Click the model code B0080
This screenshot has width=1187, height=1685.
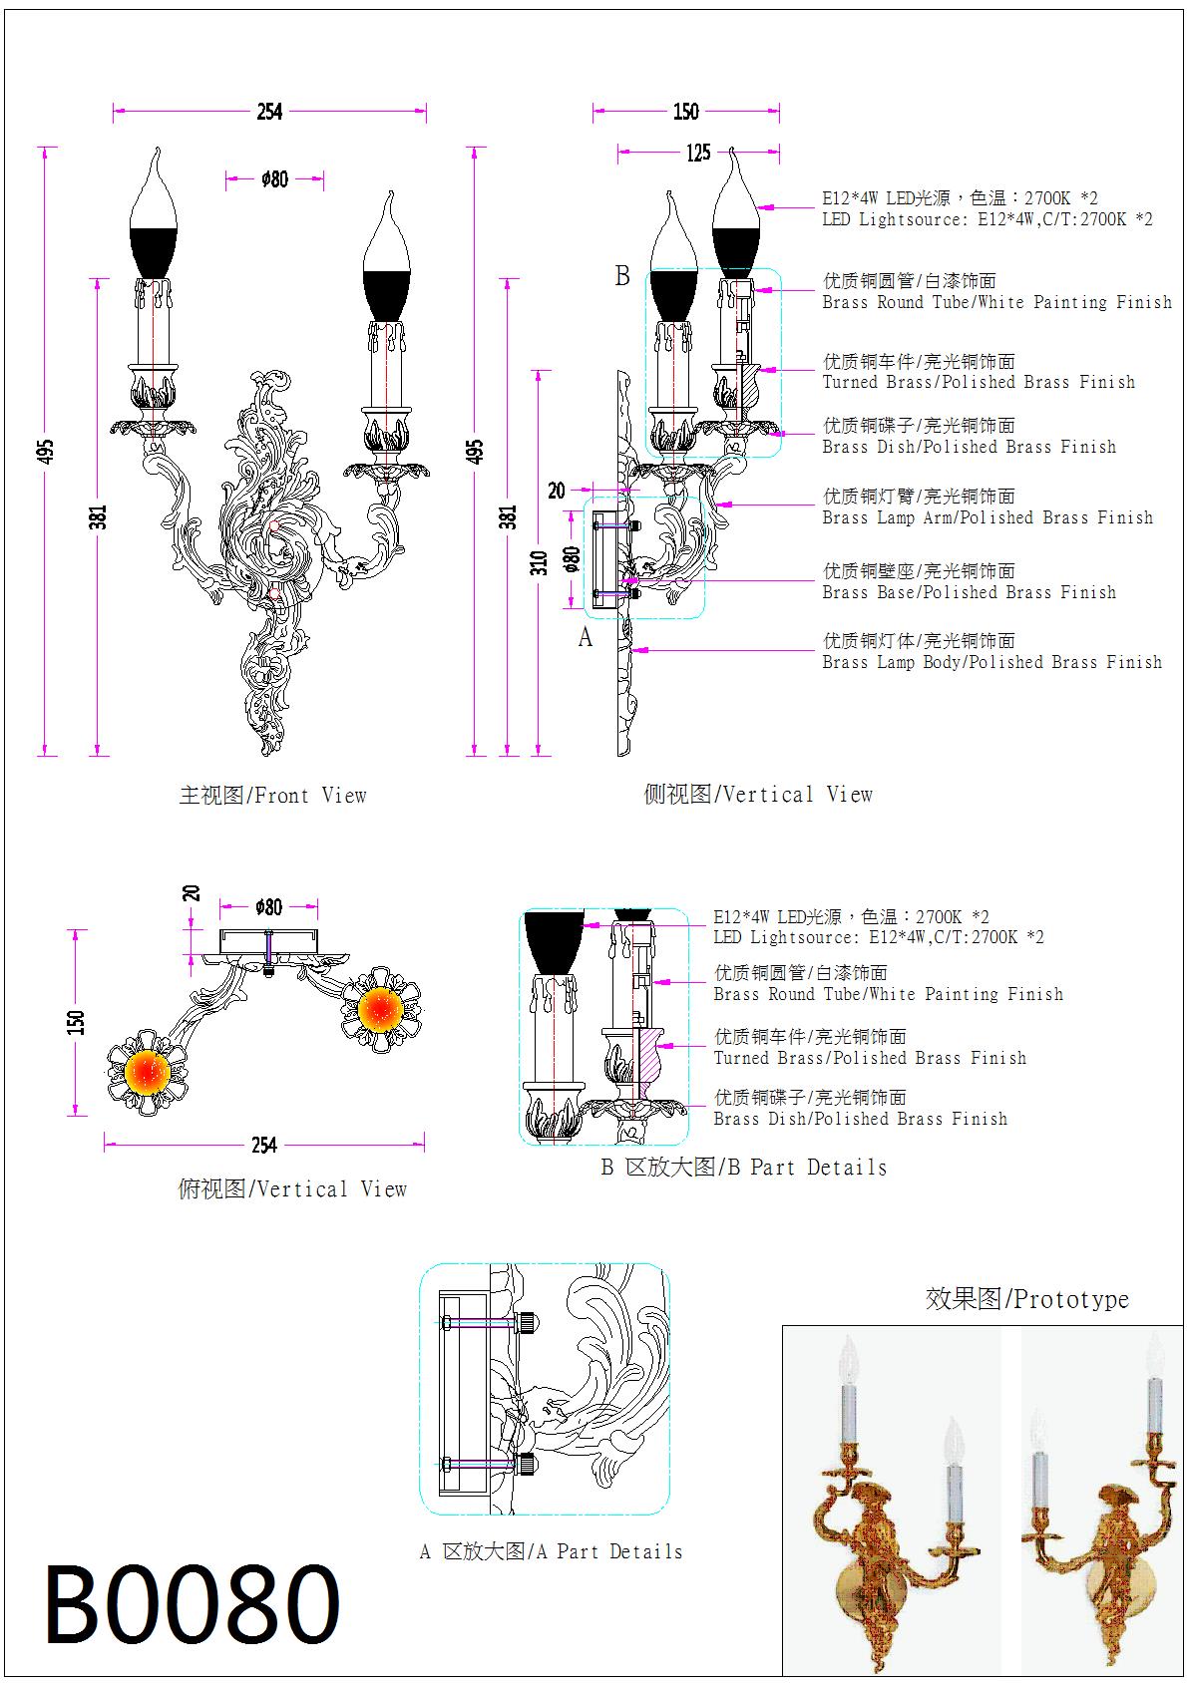pyautogui.click(x=192, y=1604)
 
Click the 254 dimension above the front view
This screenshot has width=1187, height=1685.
pyautogui.click(x=269, y=112)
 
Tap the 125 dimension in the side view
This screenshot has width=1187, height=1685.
pyautogui.click(x=698, y=153)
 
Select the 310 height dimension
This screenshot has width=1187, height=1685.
pyautogui.click(x=540, y=563)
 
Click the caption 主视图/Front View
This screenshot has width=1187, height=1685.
pyautogui.click(x=272, y=796)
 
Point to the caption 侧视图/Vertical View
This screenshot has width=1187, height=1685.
pyautogui.click(x=758, y=795)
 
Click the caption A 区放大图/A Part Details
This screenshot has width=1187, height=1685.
pyautogui.click(x=551, y=1551)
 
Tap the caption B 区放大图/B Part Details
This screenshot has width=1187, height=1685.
pyautogui.click(x=743, y=1168)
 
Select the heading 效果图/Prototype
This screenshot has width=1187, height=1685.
pyautogui.click(x=1026, y=1299)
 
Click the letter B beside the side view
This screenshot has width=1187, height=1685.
pyautogui.click(x=622, y=276)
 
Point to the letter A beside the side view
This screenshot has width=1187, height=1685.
pyautogui.click(x=586, y=637)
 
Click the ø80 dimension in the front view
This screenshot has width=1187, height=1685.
pyautogui.click(x=274, y=179)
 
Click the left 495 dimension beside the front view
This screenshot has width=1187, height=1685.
pyautogui.click(x=46, y=451)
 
